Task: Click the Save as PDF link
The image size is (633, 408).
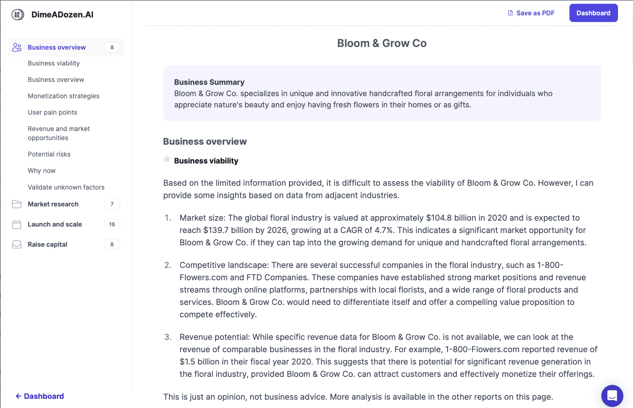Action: pos(531,13)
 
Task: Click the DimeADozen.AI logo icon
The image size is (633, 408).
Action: pos(18,15)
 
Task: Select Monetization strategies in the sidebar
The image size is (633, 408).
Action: pos(64,96)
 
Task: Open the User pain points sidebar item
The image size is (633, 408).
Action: pos(53,112)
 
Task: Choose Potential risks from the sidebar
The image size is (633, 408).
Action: pos(49,154)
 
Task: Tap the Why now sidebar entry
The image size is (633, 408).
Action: pos(41,171)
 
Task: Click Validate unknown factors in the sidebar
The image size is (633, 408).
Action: pos(66,187)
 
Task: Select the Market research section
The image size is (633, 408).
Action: pos(53,204)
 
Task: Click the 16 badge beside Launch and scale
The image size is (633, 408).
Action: pos(112,224)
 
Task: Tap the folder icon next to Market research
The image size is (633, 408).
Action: pos(17,204)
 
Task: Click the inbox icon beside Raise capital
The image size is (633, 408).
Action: pos(17,244)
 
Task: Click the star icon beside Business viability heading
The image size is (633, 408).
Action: pos(167,159)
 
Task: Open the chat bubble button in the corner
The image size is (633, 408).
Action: pos(612,395)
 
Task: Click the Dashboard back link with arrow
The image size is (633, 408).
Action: pos(40,396)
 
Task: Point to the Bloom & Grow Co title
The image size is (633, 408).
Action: pos(382,43)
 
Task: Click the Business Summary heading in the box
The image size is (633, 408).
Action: pos(209,82)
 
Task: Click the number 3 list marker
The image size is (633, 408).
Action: pos(168,337)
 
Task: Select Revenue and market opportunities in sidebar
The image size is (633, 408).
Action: pos(59,133)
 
